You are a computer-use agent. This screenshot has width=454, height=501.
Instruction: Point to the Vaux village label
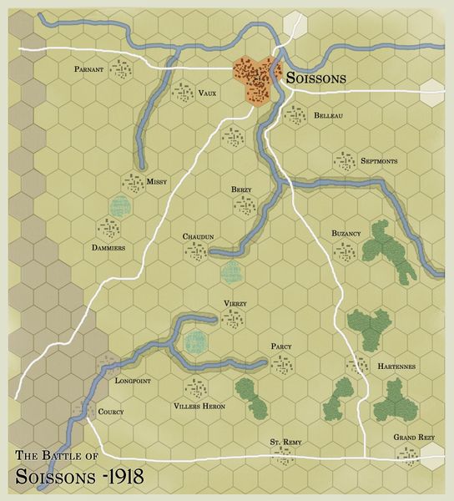pyautogui.click(x=207, y=93)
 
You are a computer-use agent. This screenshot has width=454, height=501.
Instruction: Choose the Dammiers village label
pyautogui.click(x=109, y=248)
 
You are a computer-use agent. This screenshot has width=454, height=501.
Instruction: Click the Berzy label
pyautogui.click(x=241, y=190)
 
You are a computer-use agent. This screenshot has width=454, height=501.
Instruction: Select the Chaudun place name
pyautogui.click(x=199, y=237)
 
